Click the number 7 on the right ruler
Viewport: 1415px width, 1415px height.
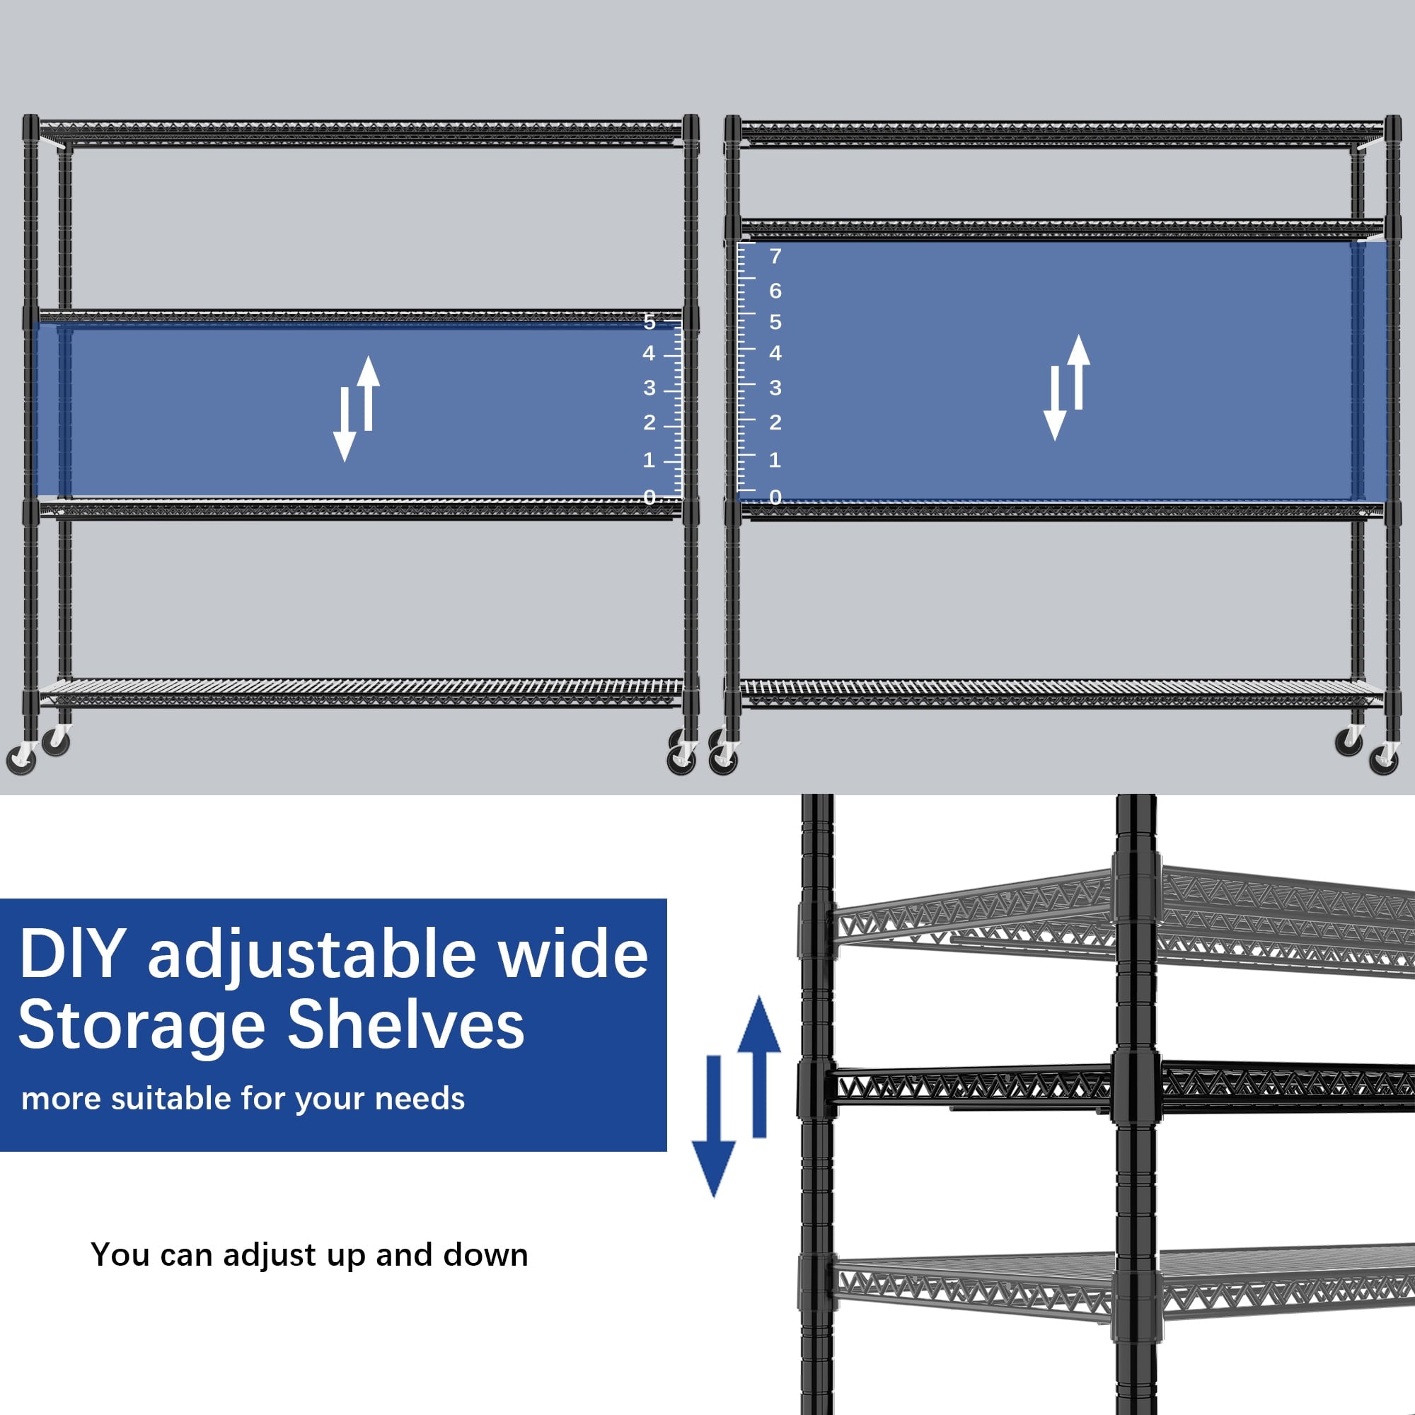click(775, 256)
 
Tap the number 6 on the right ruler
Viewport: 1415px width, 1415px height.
click(775, 291)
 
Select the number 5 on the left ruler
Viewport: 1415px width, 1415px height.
click(649, 321)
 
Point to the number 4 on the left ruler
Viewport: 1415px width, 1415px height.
click(649, 353)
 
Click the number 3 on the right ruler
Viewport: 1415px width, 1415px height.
click(775, 388)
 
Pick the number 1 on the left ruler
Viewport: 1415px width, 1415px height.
click(649, 460)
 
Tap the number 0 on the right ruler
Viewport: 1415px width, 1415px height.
click(775, 497)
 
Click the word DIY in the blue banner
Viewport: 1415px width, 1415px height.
click(71, 954)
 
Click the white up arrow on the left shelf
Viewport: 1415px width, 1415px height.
click(369, 393)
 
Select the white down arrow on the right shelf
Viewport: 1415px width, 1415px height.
click(1055, 403)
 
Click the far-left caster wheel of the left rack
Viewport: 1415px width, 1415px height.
click(21, 758)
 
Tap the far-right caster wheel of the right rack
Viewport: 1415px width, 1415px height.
click(1385, 758)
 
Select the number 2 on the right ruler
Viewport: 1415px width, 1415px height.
click(775, 422)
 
